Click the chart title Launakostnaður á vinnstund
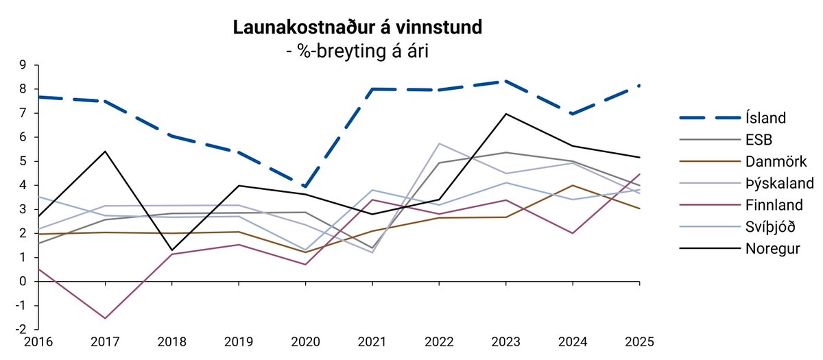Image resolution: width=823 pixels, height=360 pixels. click(357, 27)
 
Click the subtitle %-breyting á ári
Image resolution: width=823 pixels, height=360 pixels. click(357, 51)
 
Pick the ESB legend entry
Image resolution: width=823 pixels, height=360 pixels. click(758, 140)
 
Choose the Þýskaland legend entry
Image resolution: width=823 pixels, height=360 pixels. click(779, 183)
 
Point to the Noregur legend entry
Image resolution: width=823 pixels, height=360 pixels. click(772, 248)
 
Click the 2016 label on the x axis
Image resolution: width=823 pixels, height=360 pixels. click(38, 341)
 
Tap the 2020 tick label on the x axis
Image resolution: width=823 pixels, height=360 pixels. click(305, 341)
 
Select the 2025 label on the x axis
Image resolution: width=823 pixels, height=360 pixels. click(639, 341)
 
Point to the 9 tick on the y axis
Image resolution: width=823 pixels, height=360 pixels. click(22, 65)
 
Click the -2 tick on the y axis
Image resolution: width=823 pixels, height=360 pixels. click(20, 330)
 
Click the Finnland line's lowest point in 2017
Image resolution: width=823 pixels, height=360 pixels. click(105, 318)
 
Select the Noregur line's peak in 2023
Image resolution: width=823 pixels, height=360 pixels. click(505, 114)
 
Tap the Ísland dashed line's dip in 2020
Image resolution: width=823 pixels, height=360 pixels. click(305, 187)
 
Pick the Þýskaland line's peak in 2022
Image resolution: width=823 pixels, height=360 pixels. click(439, 143)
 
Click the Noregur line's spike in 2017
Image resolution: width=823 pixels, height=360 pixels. click(105, 152)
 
